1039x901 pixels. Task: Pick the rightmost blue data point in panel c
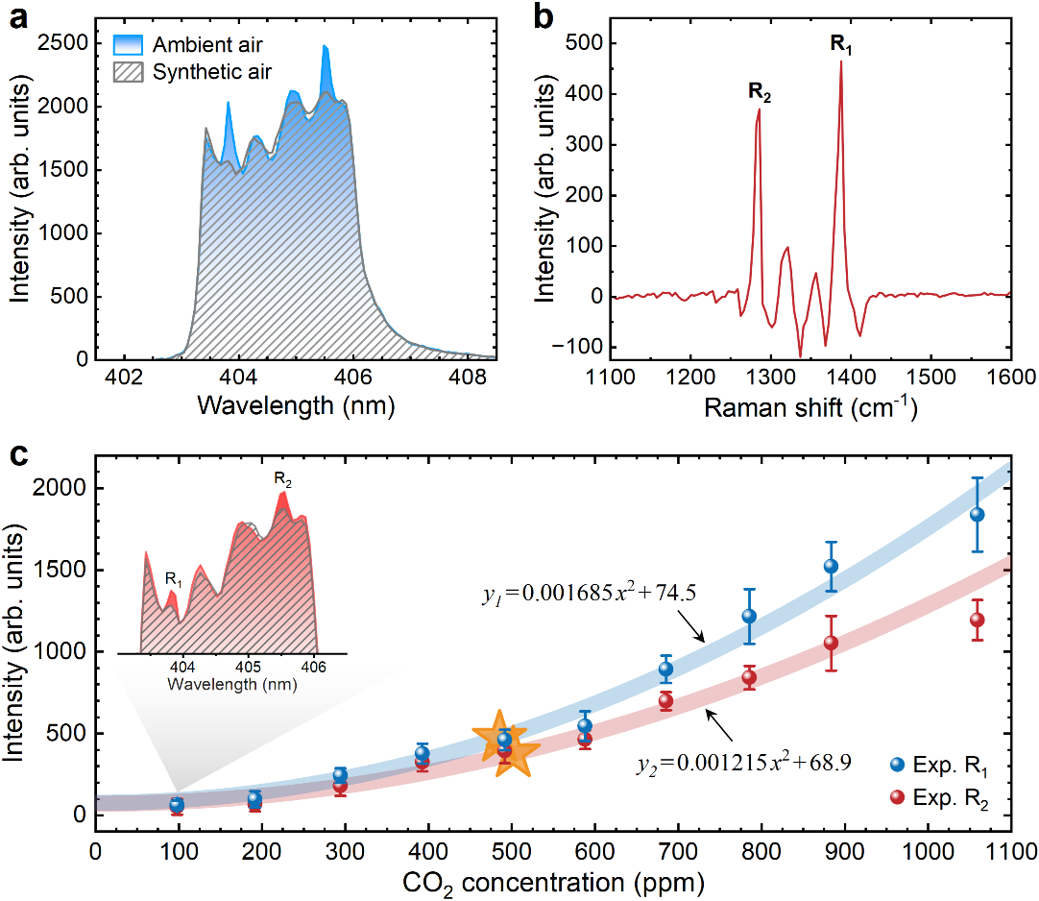[x=978, y=514]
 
